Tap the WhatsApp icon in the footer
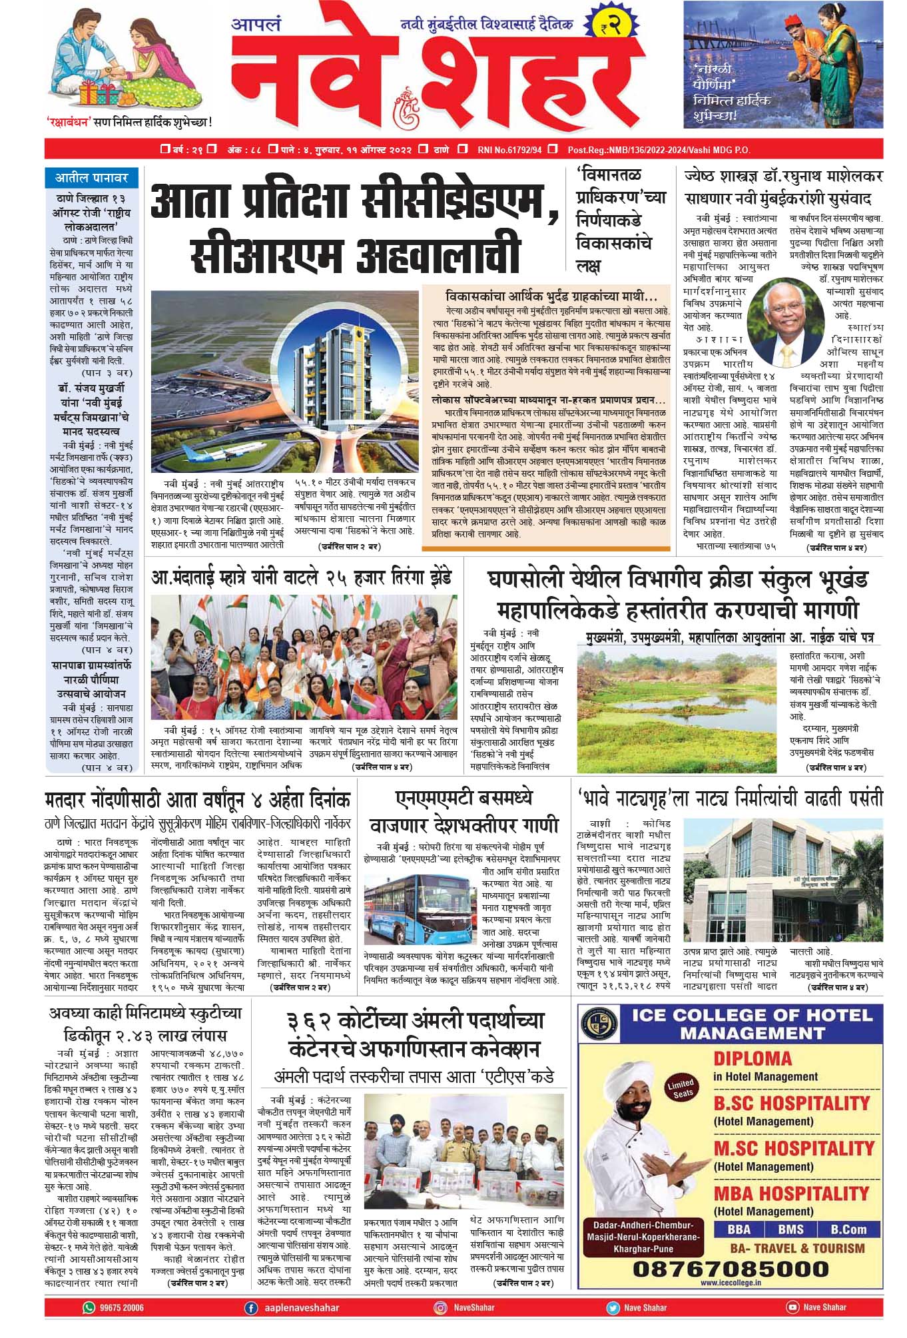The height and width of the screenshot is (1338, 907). [89, 1307]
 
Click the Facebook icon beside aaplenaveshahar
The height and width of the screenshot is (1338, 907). [251, 1307]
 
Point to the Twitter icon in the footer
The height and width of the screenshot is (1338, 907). [612, 1307]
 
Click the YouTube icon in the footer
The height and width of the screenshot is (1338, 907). [792, 1307]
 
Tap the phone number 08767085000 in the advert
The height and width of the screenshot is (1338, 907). [731, 1268]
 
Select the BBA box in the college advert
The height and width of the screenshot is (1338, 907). [739, 1229]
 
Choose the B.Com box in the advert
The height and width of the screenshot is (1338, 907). [848, 1229]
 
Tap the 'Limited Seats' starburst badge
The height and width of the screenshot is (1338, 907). [680, 1088]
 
